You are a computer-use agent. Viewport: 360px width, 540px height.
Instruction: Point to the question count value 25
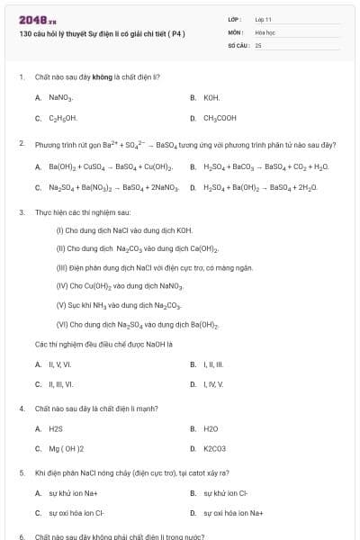pos(258,44)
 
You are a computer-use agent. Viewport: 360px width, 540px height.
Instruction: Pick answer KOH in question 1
pos(211,97)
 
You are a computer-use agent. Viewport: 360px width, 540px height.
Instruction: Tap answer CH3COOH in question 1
pos(220,118)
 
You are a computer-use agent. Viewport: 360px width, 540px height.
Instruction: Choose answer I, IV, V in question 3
pos(212,385)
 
